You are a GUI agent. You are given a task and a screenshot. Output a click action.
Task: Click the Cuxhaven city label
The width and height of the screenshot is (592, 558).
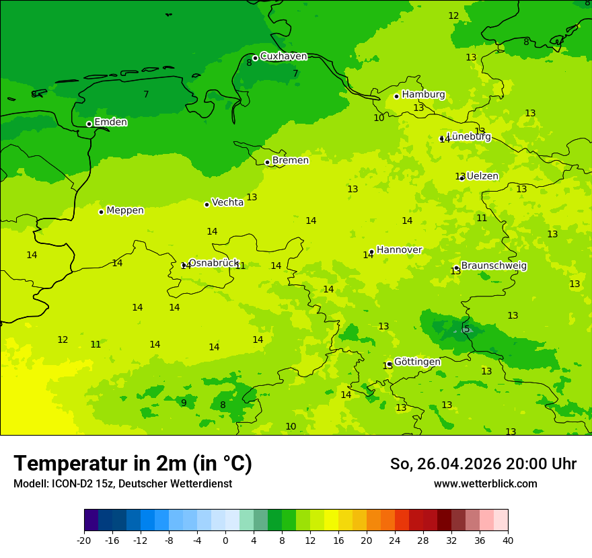coord(283,56)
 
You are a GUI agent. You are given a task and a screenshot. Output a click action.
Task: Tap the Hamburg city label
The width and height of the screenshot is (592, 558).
coord(423,95)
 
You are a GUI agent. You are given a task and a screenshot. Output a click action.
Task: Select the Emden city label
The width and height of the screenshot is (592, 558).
coord(110,122)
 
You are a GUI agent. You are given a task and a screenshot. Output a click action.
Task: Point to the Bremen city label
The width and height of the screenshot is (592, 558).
coord(290,161)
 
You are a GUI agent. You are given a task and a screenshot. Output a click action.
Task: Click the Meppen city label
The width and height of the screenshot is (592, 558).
coord(124,210)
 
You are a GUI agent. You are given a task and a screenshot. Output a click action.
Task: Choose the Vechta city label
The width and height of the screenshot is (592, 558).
coord(227,202)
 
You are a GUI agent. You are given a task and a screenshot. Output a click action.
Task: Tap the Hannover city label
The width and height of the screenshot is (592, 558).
coord(399,250)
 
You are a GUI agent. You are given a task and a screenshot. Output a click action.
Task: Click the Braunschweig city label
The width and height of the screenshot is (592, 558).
coord(493,266)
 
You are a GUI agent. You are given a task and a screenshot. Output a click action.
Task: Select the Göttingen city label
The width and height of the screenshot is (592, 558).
coord(417,362)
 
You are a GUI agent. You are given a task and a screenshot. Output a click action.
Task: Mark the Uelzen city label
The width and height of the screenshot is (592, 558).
coord(482,176)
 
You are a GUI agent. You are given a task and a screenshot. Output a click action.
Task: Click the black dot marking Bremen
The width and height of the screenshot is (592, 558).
coord(267,162)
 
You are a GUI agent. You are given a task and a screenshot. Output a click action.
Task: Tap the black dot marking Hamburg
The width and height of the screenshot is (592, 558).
coord(397,96)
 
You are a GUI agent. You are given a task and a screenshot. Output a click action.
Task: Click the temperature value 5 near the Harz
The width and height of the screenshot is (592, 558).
coord(467,329)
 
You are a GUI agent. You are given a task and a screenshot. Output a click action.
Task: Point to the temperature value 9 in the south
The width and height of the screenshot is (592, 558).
coord(184,403)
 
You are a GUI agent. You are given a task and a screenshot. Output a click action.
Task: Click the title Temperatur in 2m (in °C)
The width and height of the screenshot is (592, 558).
coord(133,463)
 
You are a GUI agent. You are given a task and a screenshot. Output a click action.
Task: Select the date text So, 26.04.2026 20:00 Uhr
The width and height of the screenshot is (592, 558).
coord(483,464)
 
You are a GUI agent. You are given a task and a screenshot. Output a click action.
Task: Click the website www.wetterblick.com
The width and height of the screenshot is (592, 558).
coord(485,484)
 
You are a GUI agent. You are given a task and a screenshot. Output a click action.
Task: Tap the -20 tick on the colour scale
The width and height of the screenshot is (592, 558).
coord(84,541)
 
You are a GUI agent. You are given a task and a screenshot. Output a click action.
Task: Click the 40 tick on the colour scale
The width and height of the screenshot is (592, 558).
coord(508,541)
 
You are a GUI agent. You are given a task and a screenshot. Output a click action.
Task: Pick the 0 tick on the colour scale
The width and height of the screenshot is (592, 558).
coord(225,541)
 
